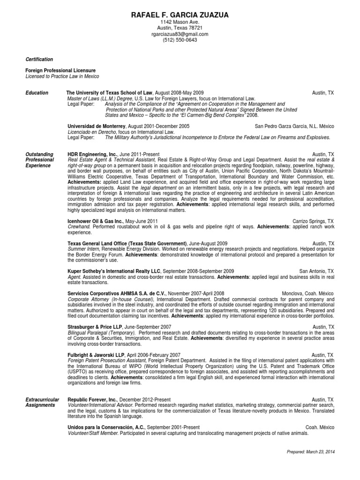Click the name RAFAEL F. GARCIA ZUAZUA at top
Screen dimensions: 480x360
point(180,15)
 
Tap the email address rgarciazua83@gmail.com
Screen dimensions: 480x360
point(180,34)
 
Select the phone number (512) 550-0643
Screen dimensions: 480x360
point(180,40)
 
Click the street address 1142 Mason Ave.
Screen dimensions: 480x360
point(180,22)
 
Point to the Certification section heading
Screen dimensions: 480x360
point(39,60)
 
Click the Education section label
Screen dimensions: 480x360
point(37,93)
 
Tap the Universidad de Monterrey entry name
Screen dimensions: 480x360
point(96,126)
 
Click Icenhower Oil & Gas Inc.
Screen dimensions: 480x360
point(96,221)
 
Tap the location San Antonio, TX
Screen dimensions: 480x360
point(316,271)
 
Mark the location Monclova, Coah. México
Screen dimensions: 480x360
point(308,293)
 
